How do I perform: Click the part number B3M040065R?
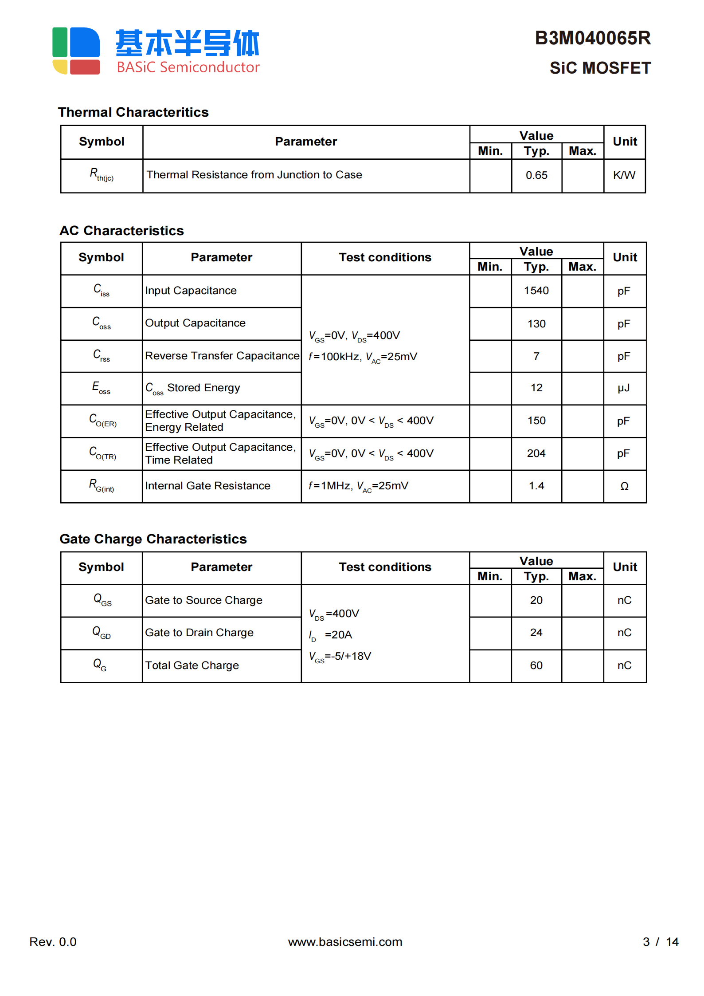click(x=592, y=39)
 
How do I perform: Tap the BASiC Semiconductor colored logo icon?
click(x=76, y=51)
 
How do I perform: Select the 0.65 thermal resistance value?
click(x=536, y=175)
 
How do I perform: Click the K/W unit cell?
click(x=624, y=175)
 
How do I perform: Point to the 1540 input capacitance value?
click(x=536, y=291)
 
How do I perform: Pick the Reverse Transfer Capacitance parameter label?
click(x=222, y=356)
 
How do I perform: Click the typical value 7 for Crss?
click(x=536, y=356)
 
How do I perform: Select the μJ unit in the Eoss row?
click(x=624, y=388)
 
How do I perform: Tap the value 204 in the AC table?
click(x=536, y=453)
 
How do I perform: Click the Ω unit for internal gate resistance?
click(x=624, y=486)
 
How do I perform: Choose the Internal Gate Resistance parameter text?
click(x=207, y=486)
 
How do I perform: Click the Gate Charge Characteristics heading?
click(x=153, y=539)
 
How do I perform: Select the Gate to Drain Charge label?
click(x=199, y=633)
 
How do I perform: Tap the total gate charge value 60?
click(x=536, y=665)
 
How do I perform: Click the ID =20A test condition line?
click(x=330, y=635)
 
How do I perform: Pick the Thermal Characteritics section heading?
click(x=133, y=112)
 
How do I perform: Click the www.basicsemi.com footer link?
click(x=345, y=942)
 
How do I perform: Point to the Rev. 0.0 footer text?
click(x=53, y=942)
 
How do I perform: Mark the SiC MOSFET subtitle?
click(x=600, y=68)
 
